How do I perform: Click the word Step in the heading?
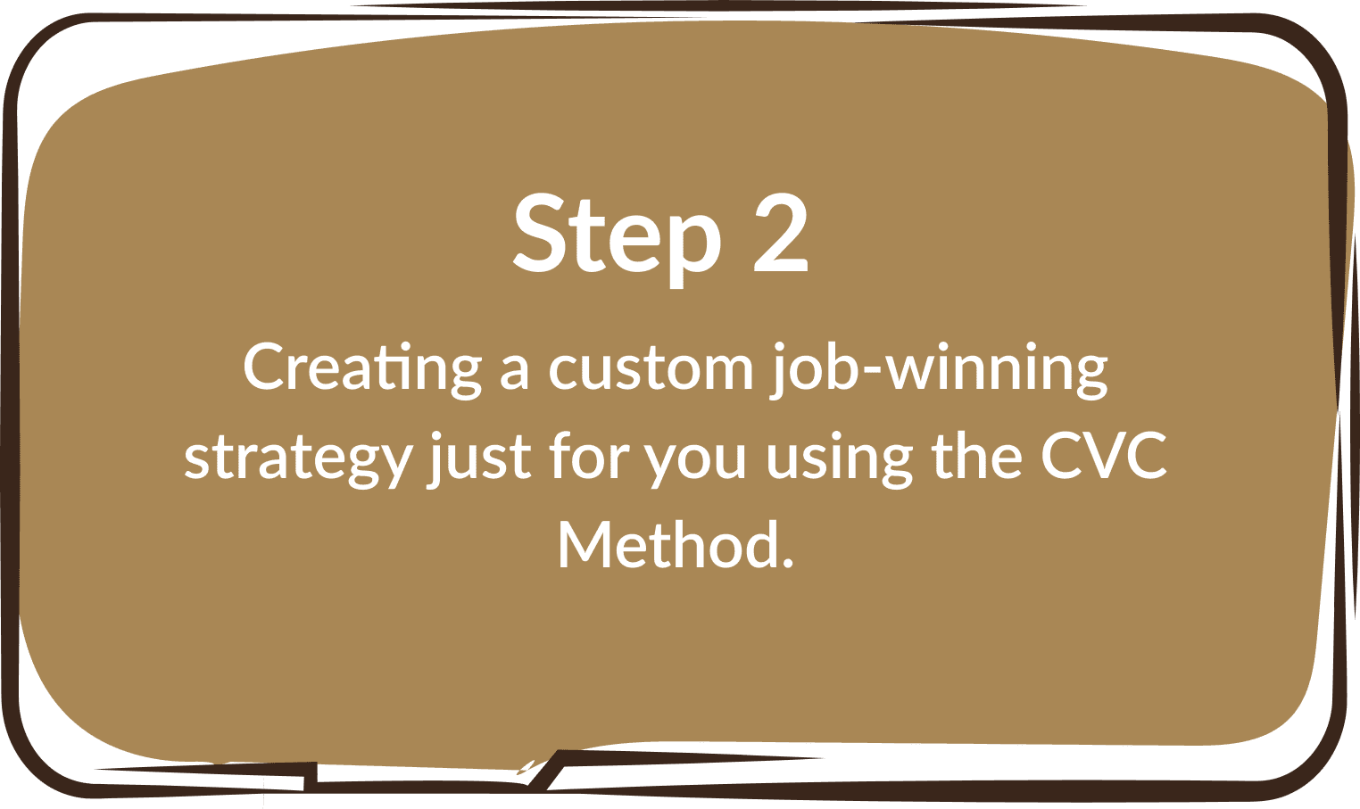tap(617, 239)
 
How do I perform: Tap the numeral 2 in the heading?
tap(781, 234)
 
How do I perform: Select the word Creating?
tap(362, 370)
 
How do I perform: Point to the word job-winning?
tap(939, 370)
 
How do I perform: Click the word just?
tap(479, 458)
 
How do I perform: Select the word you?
tap(694, 462)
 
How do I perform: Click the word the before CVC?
tap(977, 454)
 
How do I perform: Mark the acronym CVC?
tap(1103, 455)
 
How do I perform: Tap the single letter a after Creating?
tap(514, 372)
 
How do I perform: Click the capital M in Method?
tap(585, 544)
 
